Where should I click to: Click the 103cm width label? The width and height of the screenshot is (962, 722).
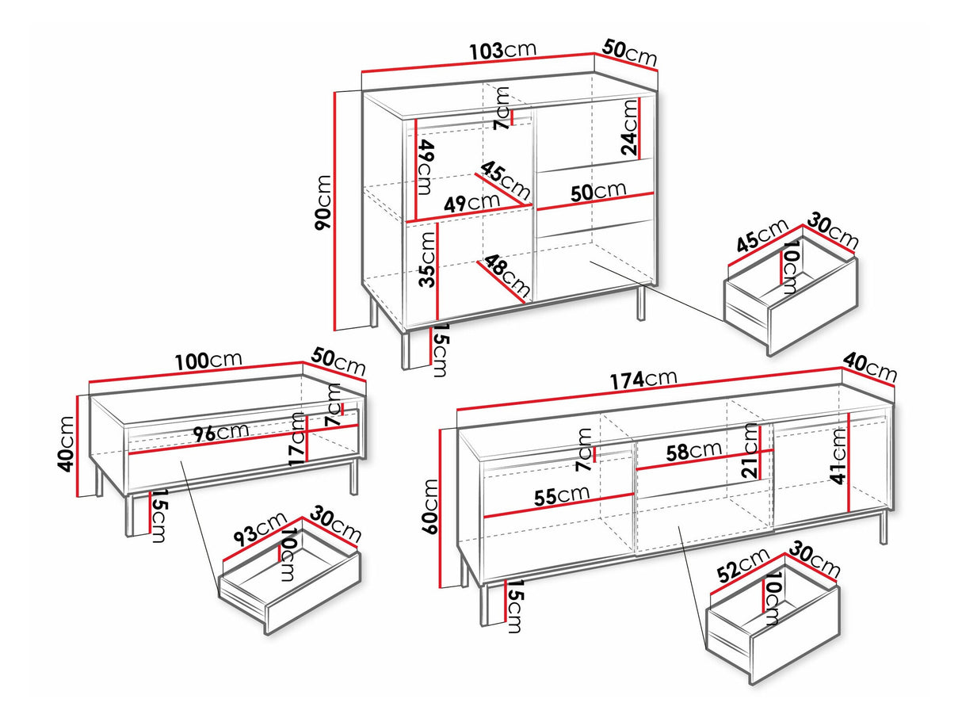click(x=503, y=51)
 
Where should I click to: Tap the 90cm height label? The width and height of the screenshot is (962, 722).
click(x=323, y=202)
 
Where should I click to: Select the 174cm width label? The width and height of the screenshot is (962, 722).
click(x=643, y=380)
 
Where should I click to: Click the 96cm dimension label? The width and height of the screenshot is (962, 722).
click(x=221, y=432)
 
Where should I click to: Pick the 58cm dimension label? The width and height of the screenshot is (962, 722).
click(x=694, y=451)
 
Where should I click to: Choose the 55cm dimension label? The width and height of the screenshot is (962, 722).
click(x=562, y=495)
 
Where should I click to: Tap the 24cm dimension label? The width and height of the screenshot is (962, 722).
click(x=629, y=127)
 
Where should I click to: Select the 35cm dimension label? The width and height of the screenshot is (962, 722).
click(x=427, y=259)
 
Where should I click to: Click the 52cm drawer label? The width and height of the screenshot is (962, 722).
click(x=743, y=566)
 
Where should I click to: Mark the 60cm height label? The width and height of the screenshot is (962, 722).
click(x=430, y=506)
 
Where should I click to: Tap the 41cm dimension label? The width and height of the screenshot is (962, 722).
click(x=838, y=457)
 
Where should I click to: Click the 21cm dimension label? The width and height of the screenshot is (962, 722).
click(x=750, y=451)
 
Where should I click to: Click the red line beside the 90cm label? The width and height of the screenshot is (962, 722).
click(x=335, y=211)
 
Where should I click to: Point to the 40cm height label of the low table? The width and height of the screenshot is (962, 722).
click(x=67, y=444)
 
